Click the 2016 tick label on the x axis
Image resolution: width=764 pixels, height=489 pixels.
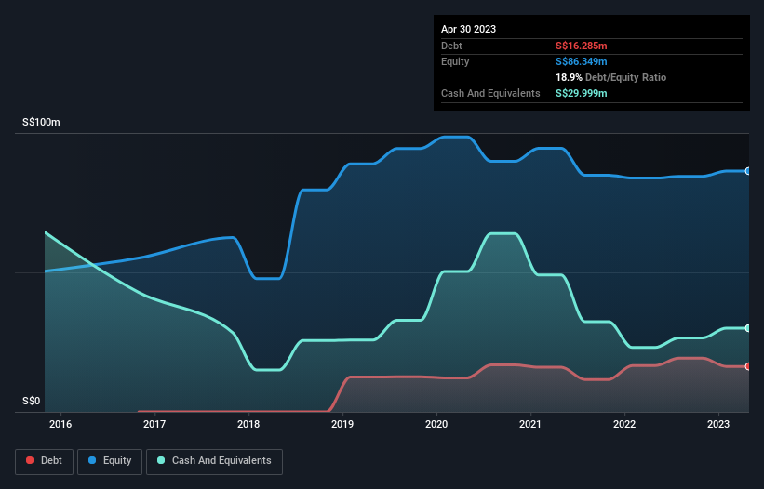pyautogui.click(x=60, y=425)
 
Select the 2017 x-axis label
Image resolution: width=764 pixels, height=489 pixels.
pyautogui.click(x=154, y=425)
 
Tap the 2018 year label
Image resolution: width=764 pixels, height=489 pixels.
pyautogui.click(x=248, y=425)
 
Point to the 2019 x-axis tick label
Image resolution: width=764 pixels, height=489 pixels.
pyautogui.click(x=342, y=425)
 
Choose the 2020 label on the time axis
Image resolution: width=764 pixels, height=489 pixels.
pyautogui.click(x=436, y=425)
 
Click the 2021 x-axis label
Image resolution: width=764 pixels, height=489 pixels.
pyautogui.click(x=530, y=425)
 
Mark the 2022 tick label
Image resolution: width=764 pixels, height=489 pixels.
pyautogui.click(x=624, y=425)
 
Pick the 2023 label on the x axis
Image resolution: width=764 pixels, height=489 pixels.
pyautogui.click(x=718, y=425)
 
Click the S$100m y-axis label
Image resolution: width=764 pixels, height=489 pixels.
pyautogui.click(x=42, y=123)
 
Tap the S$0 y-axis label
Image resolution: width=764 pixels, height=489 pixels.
pyautogui.click(x=32, y=402)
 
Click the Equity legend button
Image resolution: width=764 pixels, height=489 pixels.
pyautogui.click(x=110, y=460)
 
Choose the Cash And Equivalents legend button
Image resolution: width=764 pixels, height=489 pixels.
pyautogui.click(x=214, y=460)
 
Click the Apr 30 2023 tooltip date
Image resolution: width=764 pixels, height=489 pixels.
pyautogui.click(x=469, y=29)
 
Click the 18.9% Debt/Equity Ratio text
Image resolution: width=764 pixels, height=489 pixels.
pyautogui.click(x=610, y=77)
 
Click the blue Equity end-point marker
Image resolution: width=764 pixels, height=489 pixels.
pyautogui.click(x=747, y=171)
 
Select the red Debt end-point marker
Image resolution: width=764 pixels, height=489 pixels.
pyautogui.click(x=747, y=366)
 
